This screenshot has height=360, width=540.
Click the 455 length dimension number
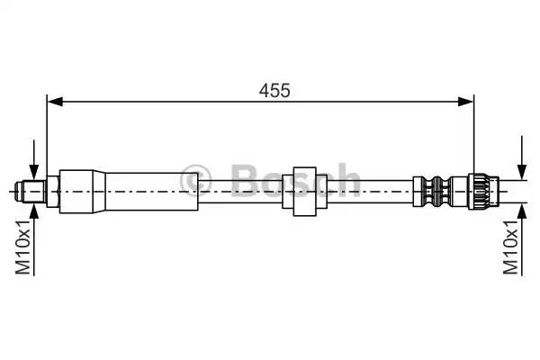(x=274, y=91)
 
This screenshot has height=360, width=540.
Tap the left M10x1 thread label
(x=23, y=246)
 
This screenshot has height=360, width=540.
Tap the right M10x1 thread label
(x=510, y=247)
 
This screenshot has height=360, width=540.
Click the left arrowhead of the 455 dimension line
(x=55, y=102)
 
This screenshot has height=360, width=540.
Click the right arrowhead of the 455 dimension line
(x=466, y=102)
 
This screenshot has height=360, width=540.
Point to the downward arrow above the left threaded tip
(x=34, y=159)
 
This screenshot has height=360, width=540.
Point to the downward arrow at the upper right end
(x=522, y=157)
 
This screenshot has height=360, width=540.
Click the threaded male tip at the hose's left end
(x=30, y=191)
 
